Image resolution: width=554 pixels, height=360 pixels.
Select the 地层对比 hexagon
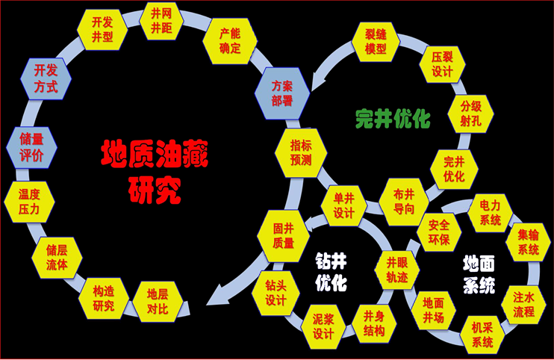tap(157, 300)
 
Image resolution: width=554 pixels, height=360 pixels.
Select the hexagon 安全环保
tap(433, 234)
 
